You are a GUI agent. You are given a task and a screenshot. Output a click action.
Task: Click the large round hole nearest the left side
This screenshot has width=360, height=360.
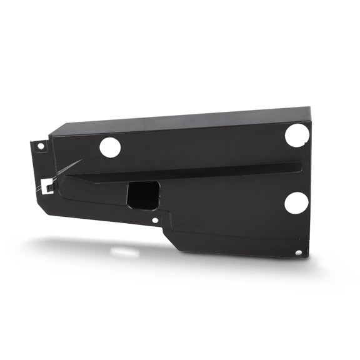[110, 147]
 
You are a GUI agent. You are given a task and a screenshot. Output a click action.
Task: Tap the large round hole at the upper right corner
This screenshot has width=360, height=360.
[296, 134]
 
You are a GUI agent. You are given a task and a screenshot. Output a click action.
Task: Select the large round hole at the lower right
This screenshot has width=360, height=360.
[296, 202]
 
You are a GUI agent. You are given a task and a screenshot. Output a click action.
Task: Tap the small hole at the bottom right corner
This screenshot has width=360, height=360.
[298, 252]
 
